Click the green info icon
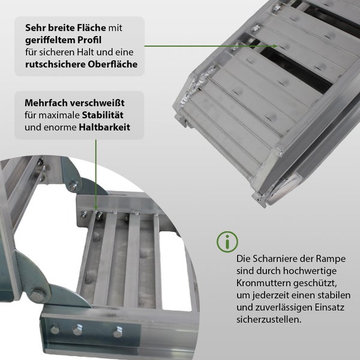click(x=227, y=242)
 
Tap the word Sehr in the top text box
click(x=35, y=28)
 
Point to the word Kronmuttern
click(x=263, y=283)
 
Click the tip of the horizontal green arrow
click(x=277, y=45)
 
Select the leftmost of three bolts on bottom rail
click(x=55, y=329)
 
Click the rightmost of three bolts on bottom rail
click(x=118, y=332)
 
